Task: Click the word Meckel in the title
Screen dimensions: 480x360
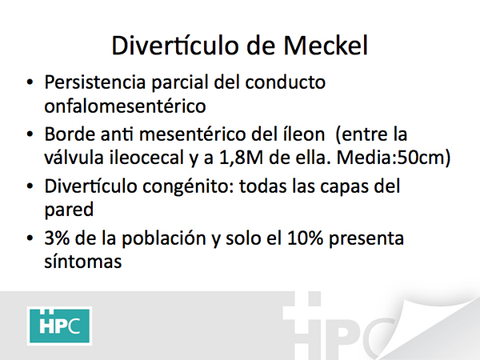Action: tap(326, 46)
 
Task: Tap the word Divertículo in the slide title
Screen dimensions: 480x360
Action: tap(175, 46)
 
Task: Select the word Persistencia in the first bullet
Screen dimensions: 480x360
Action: tap(95, 82)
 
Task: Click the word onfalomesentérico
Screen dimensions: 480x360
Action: tap(125, 106)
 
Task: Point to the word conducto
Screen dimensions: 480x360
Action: tap(286, 82)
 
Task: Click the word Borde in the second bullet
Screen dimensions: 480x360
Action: tap(70, 134)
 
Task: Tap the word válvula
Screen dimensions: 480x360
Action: tap(74, 158)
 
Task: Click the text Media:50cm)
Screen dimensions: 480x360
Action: tap(394, 158)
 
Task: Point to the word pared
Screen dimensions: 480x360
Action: tap(69, 210)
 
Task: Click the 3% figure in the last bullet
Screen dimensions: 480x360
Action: tap(57, 238)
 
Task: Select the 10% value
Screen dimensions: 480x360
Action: tap(305, 238)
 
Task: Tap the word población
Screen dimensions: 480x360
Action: tap(163, 238)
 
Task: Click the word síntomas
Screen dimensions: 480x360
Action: tap(83, 262)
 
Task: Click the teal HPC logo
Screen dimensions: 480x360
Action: tap(60, 326)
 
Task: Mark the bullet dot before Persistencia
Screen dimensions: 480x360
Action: tap(30, 82)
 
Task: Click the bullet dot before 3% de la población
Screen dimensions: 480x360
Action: tap(30, 238)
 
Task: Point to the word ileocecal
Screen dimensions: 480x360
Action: tap(146, 158)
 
